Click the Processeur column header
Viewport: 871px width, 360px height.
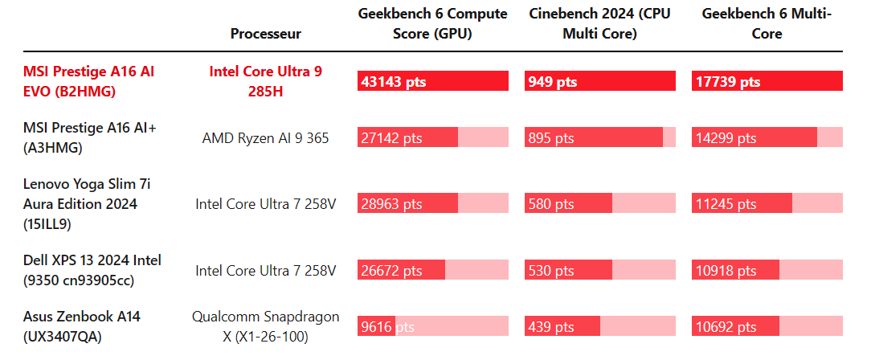pos(265,34)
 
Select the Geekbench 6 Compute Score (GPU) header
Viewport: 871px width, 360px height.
pos(432,24)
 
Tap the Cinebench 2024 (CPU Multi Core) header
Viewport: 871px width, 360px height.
pos(599,24)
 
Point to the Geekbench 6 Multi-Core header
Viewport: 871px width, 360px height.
pos(767,24)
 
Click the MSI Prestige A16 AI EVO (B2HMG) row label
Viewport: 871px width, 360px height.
pos(88,82)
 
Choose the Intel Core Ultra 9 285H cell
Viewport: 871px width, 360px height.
pos(265,82)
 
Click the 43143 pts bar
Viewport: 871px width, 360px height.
pos(432,82)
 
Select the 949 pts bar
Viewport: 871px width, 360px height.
pos(599,82)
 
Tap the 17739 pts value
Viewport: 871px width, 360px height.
pos(727,82)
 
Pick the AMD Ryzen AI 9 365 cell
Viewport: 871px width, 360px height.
pos(265,138)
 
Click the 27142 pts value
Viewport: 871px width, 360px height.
pos(392,138)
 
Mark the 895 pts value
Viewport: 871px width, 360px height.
pos(551,138)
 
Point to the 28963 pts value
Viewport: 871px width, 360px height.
pos(392,204)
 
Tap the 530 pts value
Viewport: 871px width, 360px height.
pos(551,270)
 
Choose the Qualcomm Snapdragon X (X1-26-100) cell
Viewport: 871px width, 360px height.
pos(265,326)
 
